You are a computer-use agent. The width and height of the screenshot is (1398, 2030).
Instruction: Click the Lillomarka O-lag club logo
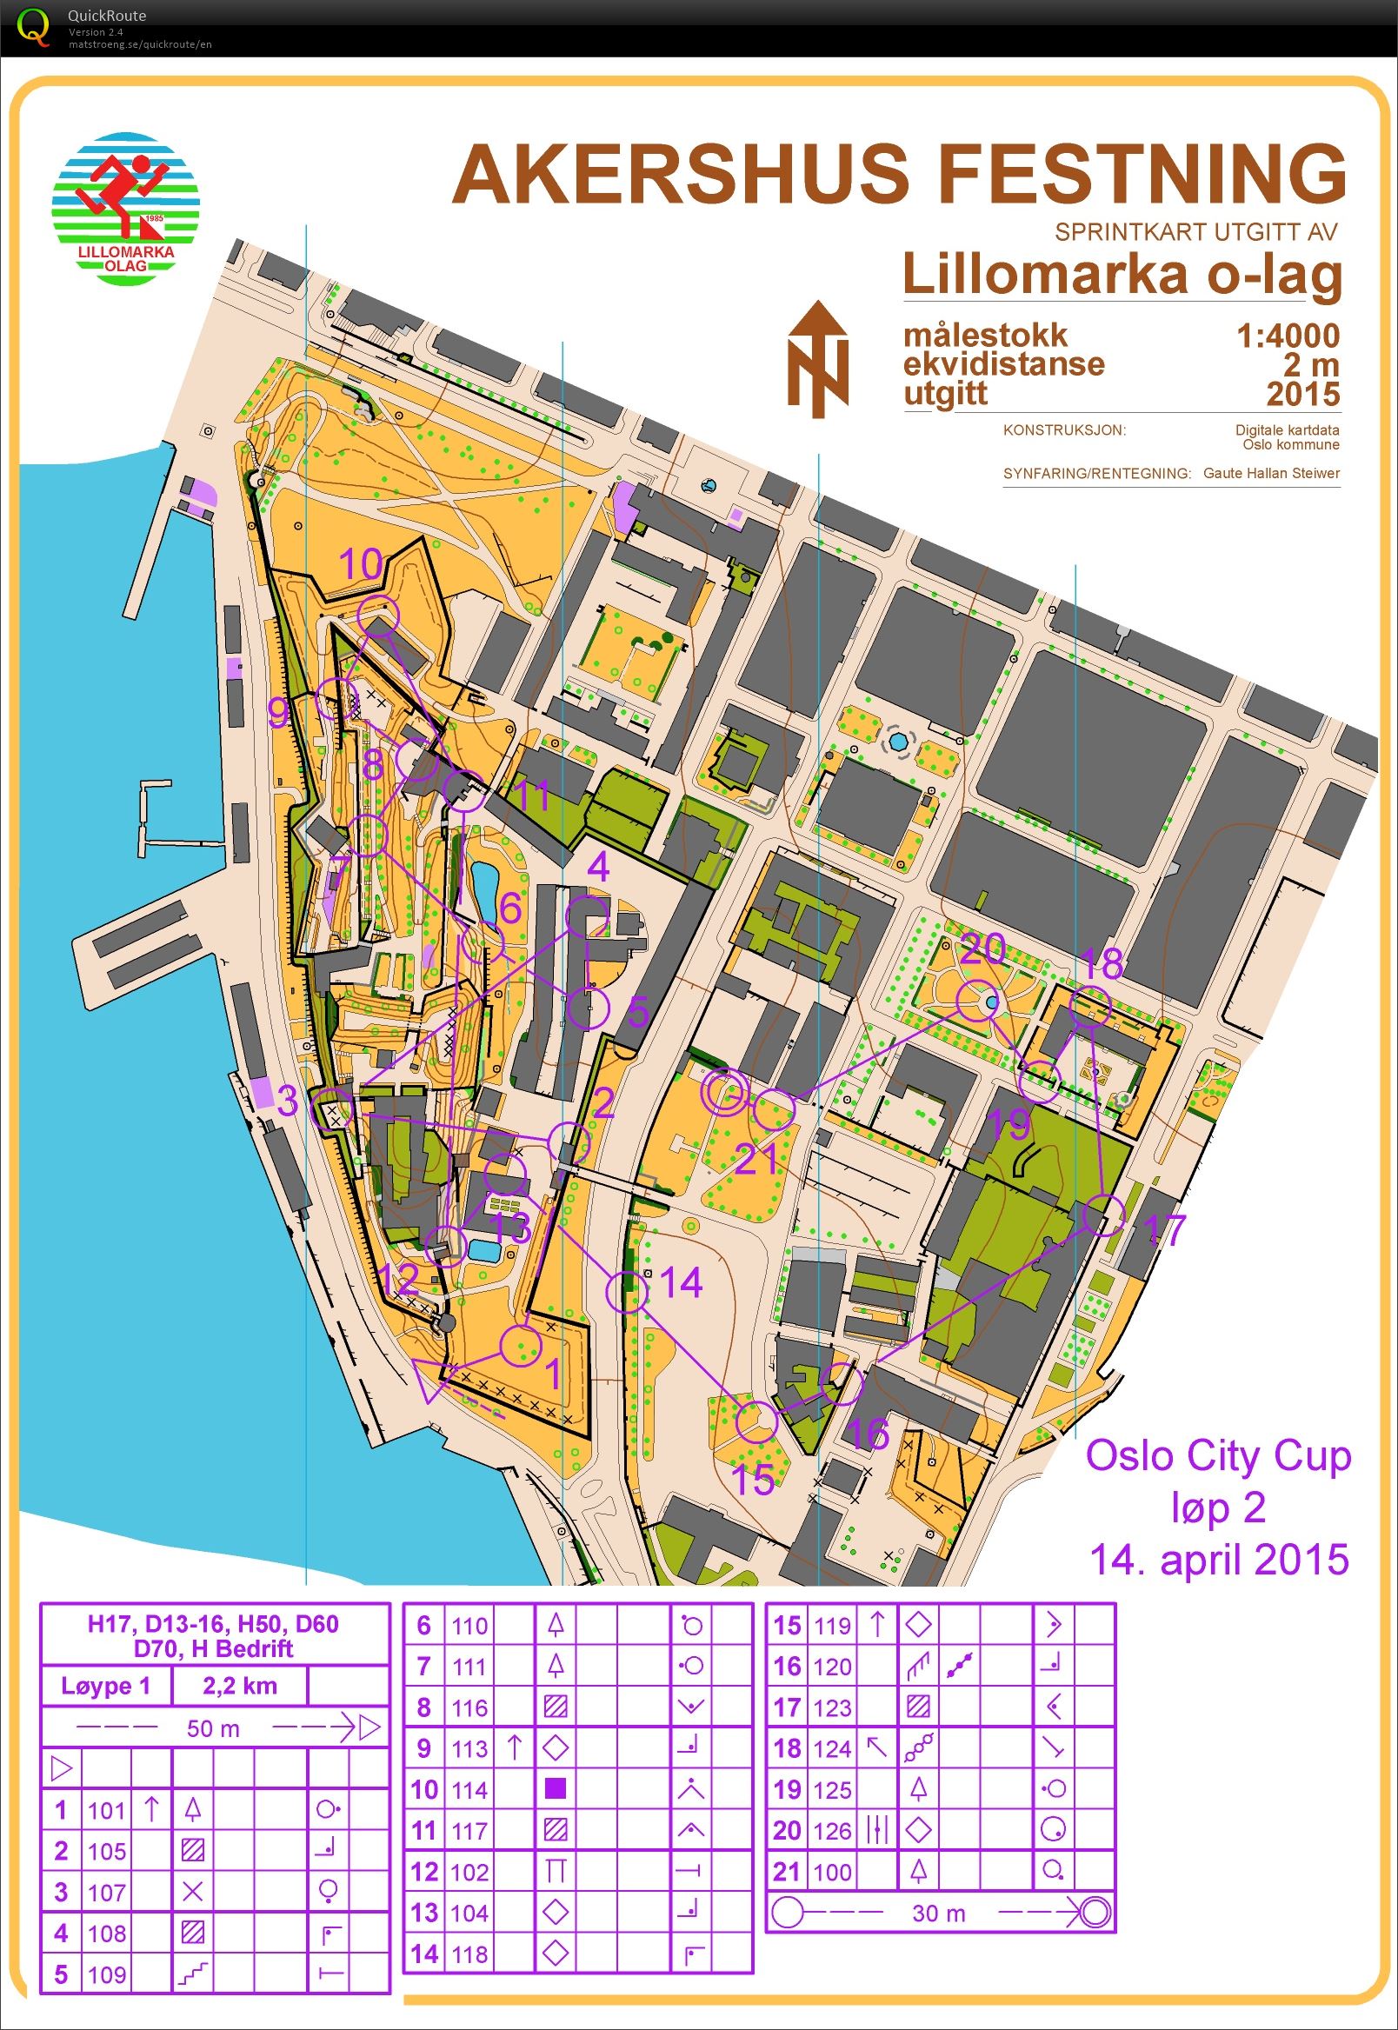point(126,209)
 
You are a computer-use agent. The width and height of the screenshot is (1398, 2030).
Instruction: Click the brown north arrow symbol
point(817,359)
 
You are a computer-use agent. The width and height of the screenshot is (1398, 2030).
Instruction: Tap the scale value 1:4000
point(1287,335)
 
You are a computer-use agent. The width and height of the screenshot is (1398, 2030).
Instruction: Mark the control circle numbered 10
point(379,613)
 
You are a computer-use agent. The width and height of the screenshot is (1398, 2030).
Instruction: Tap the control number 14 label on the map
point(682,1283)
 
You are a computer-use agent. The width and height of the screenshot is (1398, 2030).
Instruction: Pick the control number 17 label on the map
point(1165,1229)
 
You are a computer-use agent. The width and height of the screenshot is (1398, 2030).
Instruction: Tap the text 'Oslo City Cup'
point(1217,1455)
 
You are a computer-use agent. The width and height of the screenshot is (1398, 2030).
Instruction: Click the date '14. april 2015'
point(1218,1559)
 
